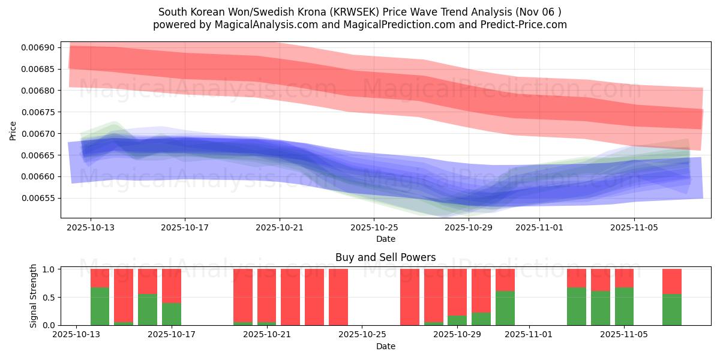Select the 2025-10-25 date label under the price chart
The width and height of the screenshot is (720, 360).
[x=374, y=227]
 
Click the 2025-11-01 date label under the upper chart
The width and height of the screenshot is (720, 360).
[x=539, y=227]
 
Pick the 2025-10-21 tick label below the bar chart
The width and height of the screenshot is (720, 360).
[x=267, y=335]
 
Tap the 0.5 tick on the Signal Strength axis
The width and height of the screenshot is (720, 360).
[x=49, y=297]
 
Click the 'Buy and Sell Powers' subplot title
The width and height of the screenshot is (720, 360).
[x=385, y=258]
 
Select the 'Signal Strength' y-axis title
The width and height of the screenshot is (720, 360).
[x=34, y=296]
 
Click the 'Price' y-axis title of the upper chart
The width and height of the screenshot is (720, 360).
[x=13, y=130]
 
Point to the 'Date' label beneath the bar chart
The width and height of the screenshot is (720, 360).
[x=385, y=346]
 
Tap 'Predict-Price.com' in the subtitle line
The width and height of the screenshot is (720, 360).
[x=521, y=25]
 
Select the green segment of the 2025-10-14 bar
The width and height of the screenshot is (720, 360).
[x=100, y=306]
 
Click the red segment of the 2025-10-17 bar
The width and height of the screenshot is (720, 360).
[x=171, y=286]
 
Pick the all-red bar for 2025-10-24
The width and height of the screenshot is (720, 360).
[x=338, y=297]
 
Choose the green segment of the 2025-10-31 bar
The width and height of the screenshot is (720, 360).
[x=505, y=308]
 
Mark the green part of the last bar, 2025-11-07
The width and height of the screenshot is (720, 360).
[x=671, y=310]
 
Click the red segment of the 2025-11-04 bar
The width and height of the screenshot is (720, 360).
[x=600, y=280]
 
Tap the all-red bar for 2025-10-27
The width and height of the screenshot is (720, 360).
[x=409, y=297]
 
